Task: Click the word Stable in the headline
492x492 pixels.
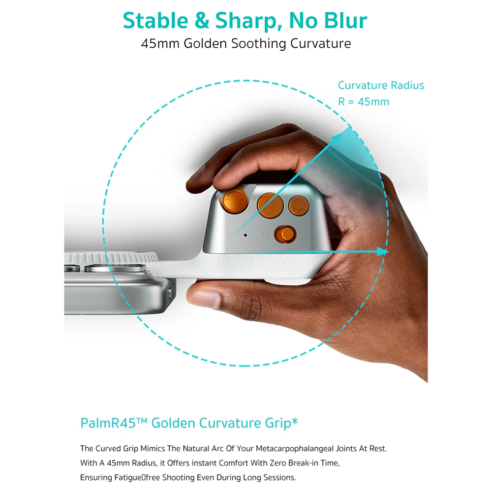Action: click(155, 21)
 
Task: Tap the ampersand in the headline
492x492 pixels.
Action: click(202, 21)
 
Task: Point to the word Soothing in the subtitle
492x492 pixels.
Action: click(259, 44)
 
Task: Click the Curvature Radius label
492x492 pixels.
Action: click(381, 85)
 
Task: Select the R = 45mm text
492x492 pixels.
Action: click(364, 102)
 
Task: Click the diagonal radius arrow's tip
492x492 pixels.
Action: click(342, 133)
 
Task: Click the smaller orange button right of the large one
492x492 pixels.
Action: click(299, 206)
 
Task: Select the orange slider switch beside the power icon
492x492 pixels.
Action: click(285, 234)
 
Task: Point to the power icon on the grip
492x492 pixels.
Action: click(266, 234)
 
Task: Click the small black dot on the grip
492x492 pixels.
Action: click(246, 235)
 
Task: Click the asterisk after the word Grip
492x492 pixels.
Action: click(295, 421)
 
